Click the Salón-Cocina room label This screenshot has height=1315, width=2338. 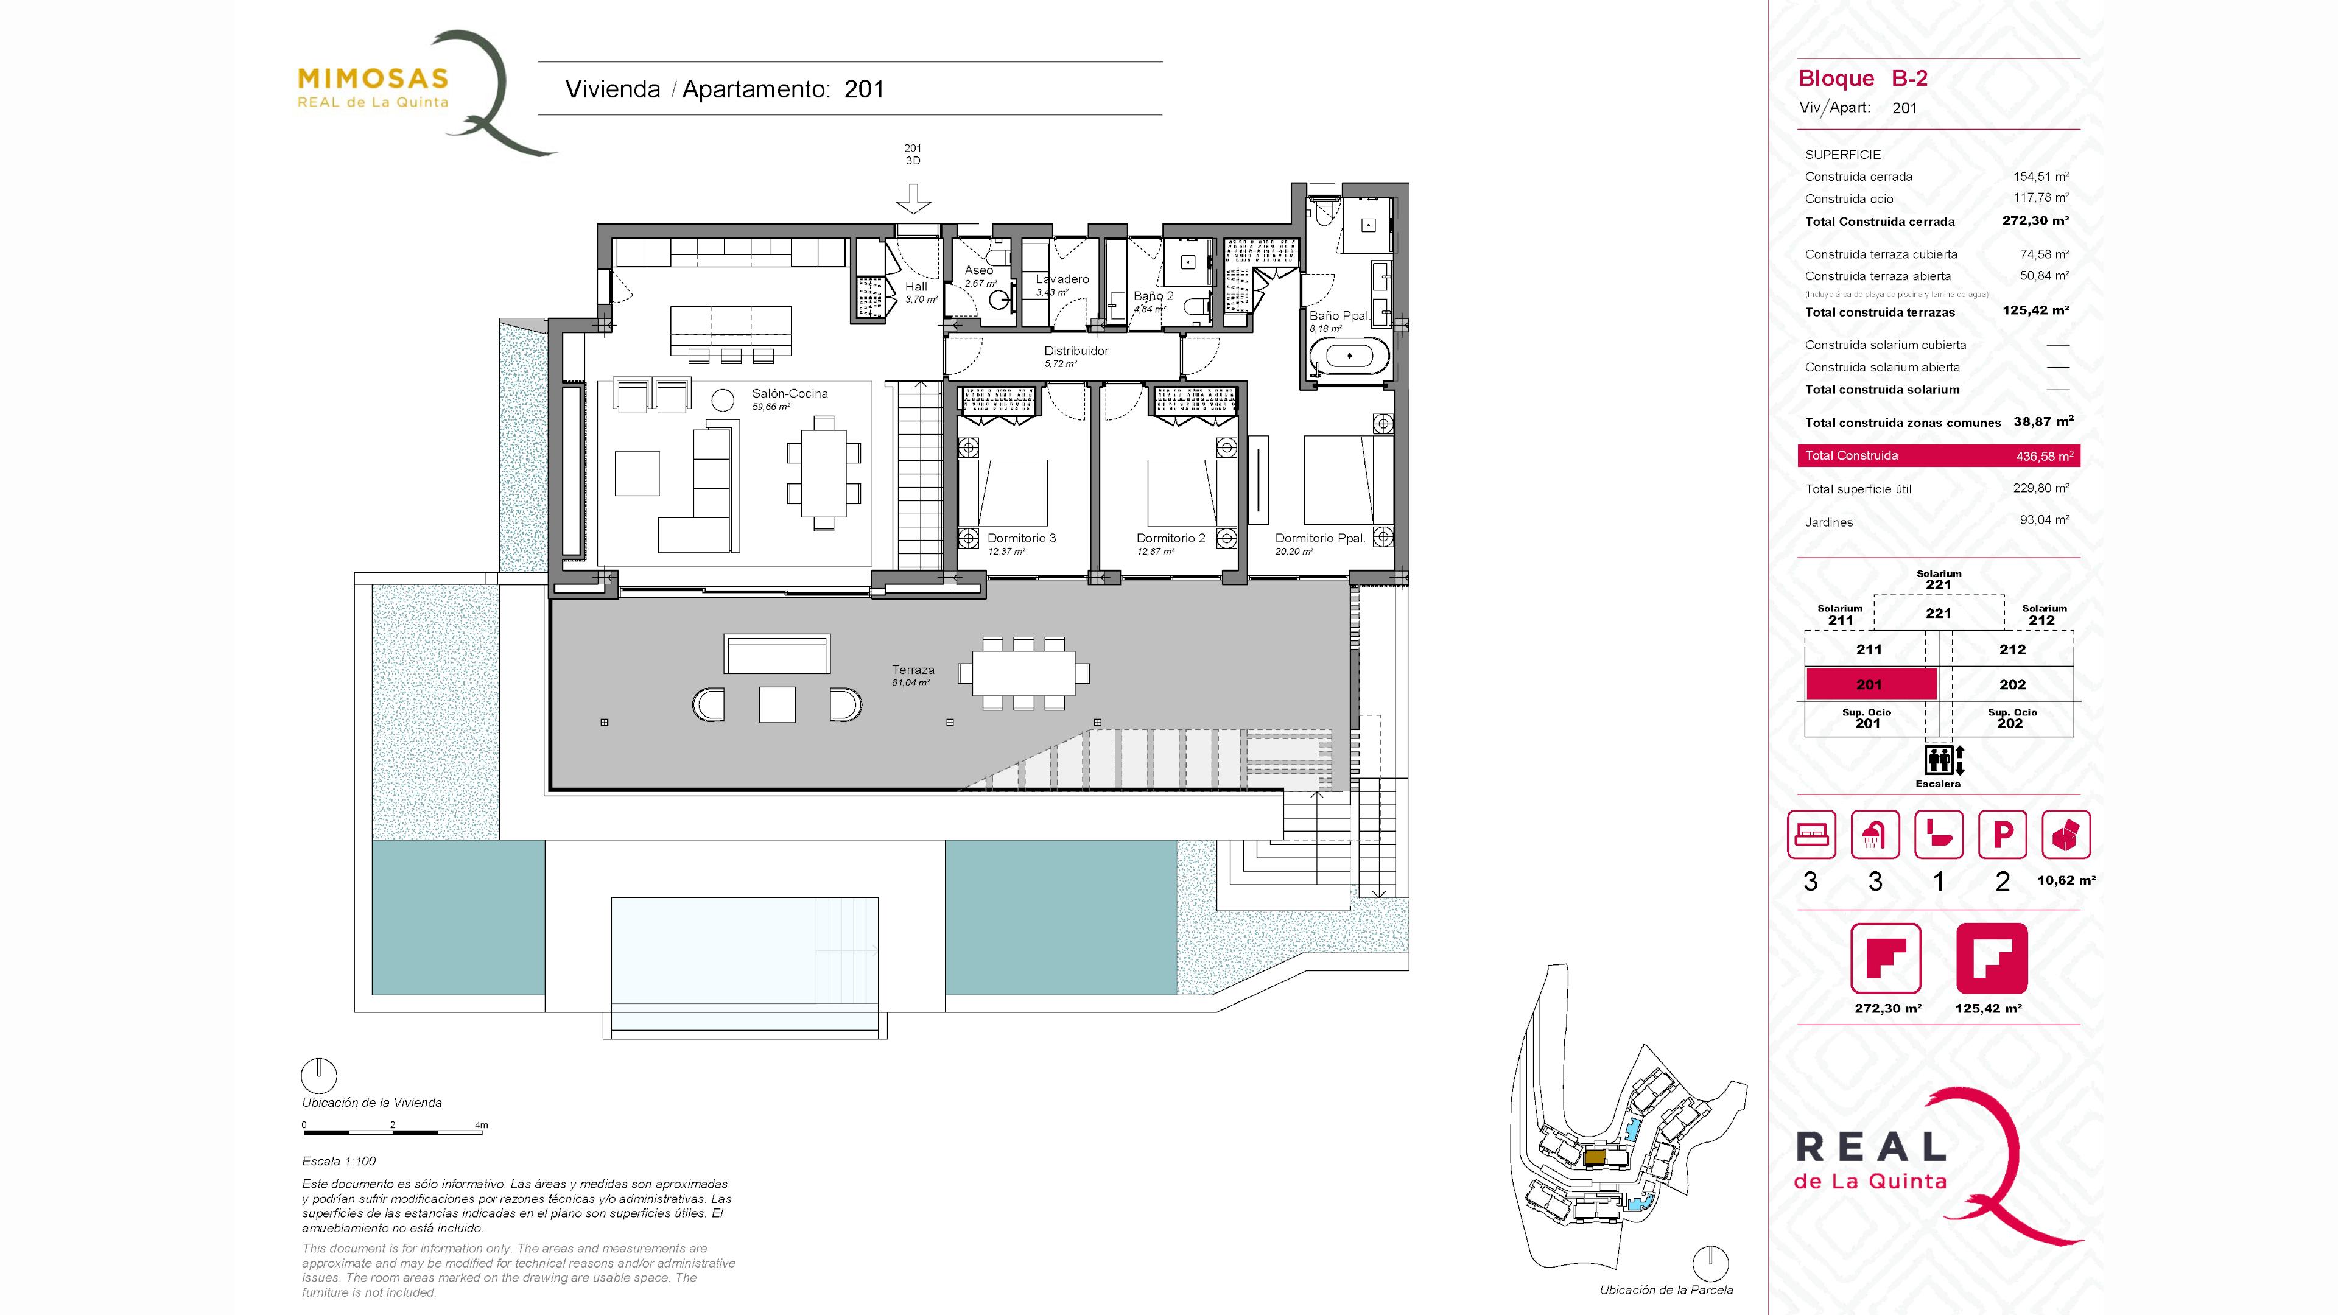(790, 393)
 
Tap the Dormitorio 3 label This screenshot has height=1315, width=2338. (1021, 538)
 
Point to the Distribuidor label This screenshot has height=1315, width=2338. (1076, 350)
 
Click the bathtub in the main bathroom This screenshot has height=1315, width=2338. (1350, 355)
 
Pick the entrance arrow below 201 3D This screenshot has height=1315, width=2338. (913, 198)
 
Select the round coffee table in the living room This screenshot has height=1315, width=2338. (723, 399)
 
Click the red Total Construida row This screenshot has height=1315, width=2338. (1939, 455)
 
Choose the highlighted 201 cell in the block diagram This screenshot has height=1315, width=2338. (1870, 684)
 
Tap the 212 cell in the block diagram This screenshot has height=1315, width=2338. (2012, 650)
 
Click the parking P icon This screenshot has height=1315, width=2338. (2002, 834)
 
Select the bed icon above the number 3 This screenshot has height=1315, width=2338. (1811, 834)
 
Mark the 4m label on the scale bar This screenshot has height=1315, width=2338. (481, 1125)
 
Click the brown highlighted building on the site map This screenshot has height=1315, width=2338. (1595, 1157)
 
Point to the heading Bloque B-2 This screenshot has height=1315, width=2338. (1862, 79)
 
